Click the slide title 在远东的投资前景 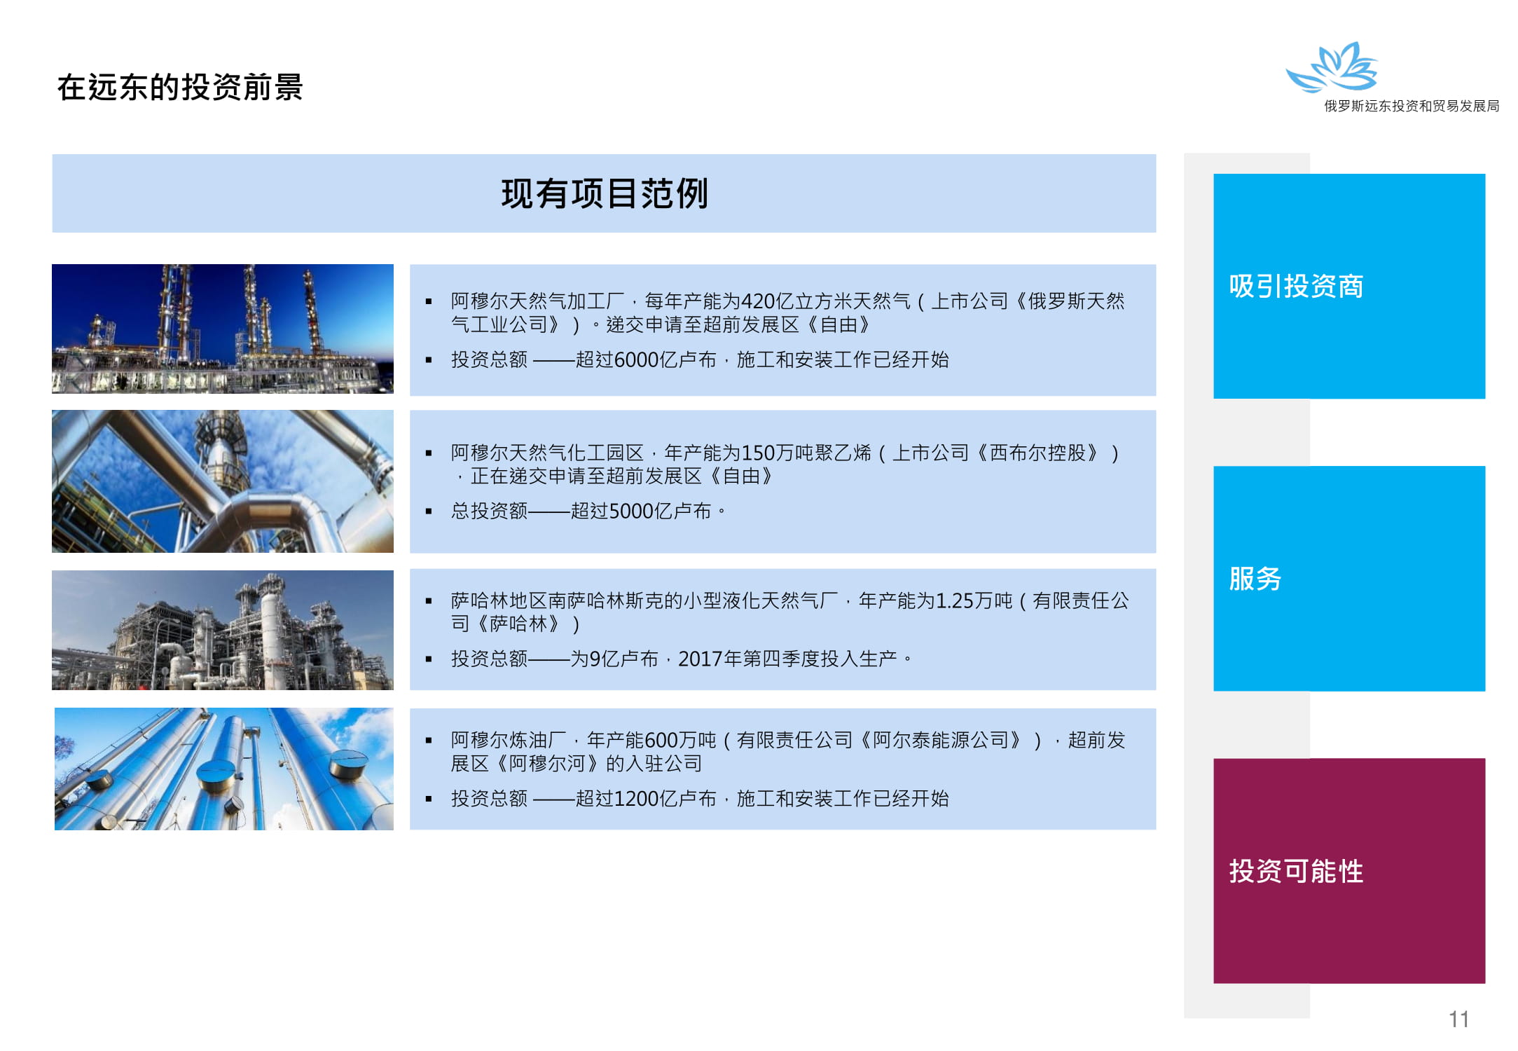tap(180, 88)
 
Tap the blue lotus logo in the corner tap(1332, 67)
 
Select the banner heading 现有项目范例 tap(605, 193)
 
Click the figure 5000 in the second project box tap(632, 511)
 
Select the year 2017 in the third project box tap(701, 659)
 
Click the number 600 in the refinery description tap(661, 740)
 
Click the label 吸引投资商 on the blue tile tap(1296, 286)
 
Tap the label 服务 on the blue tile tap(1255, 579)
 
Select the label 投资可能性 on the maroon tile tap(1296, 871)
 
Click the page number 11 tap(1458, 1019)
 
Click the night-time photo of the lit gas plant tap(223, 329)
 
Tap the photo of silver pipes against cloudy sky tap(223, 481)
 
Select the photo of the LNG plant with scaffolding tap(223, 630)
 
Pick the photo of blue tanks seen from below tap(224, 769)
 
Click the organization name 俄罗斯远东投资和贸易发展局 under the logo tap(1412, 106)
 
